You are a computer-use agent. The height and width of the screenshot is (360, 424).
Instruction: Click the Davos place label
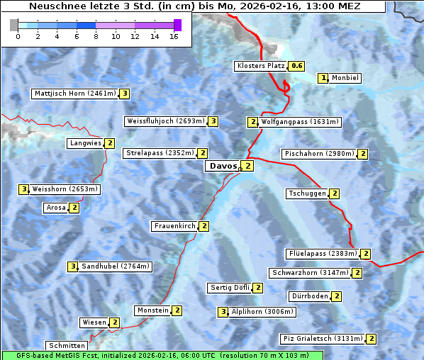[x=223, y=166]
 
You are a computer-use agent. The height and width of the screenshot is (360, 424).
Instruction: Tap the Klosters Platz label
[x=261, y=66]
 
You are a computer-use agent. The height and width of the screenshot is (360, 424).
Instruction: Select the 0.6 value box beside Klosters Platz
[x=297, y=66]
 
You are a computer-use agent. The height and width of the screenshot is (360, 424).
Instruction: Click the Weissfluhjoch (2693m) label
[x=166, y=121]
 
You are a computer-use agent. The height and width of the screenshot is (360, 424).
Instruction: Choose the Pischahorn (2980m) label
[x=318, y=154]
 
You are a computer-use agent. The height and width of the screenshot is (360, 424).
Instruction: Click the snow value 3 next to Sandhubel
[x=72, y=266]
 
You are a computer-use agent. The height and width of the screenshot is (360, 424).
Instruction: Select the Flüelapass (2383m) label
[x=322, y=253]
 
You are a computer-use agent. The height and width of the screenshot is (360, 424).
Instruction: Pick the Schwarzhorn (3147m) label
[x=311, y=273]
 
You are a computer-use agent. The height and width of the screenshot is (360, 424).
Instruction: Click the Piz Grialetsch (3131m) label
[x=322, y=339]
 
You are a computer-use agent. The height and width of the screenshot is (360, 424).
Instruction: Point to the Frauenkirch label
[x=174, y=226]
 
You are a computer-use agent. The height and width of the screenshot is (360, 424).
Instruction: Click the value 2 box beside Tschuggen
[x=334, y=193]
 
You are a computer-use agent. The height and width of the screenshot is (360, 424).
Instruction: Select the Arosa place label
[x=55, y=208]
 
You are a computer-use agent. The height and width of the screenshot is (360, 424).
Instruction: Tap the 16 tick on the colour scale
[x=174, y=36]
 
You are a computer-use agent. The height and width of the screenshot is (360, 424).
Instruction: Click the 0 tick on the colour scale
[x=18, y=36]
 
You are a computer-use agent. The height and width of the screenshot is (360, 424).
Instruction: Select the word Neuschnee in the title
[x=56, y=6]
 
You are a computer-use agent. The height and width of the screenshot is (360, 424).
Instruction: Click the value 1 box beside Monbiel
[x=323, y=78]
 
